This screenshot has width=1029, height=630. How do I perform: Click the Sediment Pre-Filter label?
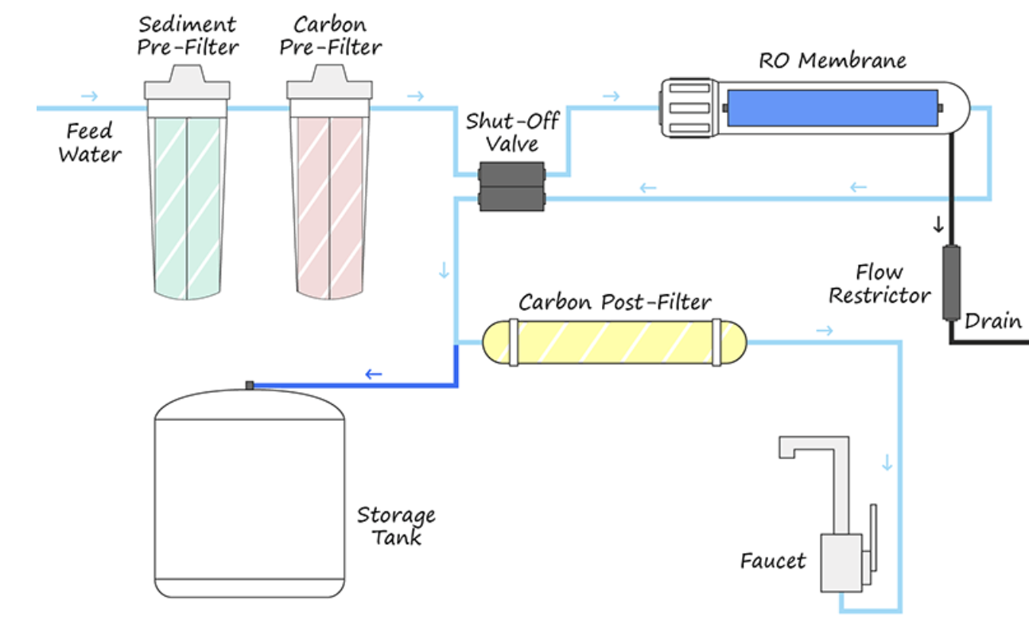coord(188,36)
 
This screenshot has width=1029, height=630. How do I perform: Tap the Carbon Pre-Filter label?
coord(330,36)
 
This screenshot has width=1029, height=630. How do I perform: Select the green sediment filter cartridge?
coord(188,207)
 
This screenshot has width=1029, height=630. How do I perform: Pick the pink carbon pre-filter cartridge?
coord(330,207)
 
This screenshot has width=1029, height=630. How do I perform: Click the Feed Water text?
coord(89,142)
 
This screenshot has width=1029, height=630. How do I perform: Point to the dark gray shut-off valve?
coord(511,185)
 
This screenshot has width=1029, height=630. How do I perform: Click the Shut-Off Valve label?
coord(512,132)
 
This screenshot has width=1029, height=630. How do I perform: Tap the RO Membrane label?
coord(832,60)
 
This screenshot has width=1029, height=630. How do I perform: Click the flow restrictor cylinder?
coord(950,282)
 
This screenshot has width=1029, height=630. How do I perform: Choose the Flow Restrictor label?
coord(880,284)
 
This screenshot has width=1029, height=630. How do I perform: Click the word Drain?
coord(992,321)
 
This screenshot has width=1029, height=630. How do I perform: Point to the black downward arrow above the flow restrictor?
coord(938,224)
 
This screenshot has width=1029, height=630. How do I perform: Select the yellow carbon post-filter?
coord(615,343)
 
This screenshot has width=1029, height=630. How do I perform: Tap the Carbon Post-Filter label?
coord(615,302)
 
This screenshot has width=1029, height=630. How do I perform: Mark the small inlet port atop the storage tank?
coord(250,385)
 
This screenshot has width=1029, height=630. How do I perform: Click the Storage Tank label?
coord(395,525)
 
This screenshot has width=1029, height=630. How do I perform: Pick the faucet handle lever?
coord(872,537)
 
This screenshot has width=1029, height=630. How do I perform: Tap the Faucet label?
coord(772,561)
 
